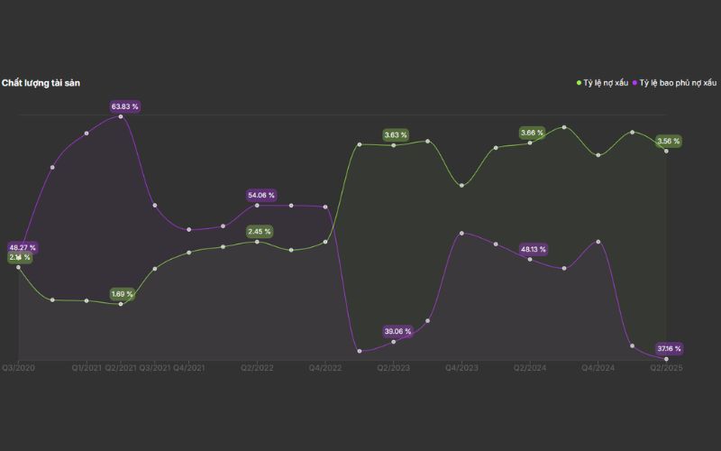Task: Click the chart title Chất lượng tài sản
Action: (x=41, y=83)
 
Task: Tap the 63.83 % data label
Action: (x=125, y=106)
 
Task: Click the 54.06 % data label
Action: (x=261, y=195)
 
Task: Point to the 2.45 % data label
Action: (x=261, y=231)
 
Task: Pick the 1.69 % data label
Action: (x=122, y=294)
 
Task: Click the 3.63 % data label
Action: (x=396, y=134)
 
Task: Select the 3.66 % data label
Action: (x=533, y=133)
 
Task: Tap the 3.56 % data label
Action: (x=669, y=141)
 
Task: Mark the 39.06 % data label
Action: (x=397, y=331)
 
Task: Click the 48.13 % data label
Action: (x=534, y=249)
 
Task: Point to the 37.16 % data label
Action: (x=669, y=348)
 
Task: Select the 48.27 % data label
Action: (x=23, y=247)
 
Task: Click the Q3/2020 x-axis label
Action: (x=18, y=368)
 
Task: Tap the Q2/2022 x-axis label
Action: (x=257, y=368)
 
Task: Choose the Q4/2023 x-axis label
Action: (x=461, y=368)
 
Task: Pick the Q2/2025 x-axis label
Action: (x=666, y=368)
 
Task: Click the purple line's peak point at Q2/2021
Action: (x=121, y=115)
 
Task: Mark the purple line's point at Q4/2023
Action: (x=461, y=233)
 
